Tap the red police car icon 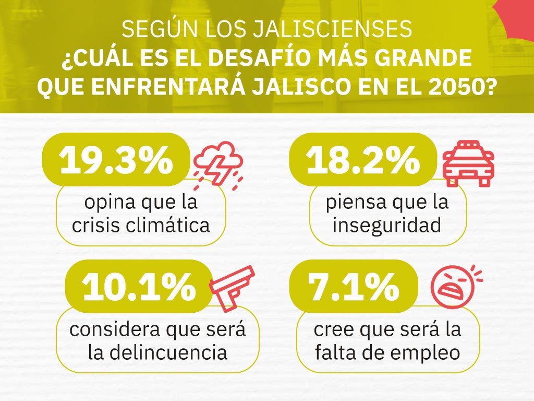point(468,163)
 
